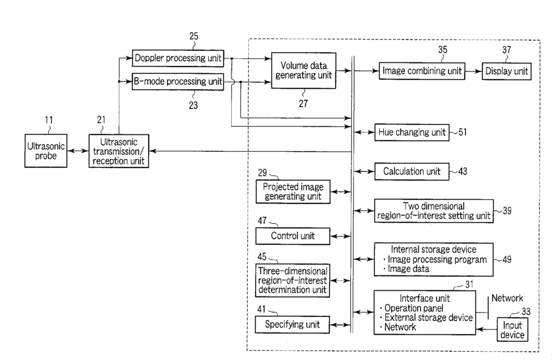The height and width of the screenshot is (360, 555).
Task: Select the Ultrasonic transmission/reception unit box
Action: pyautogui.click(x=119, y=151)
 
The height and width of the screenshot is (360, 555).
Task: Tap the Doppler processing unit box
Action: pyautogui.click(x=178, y=59)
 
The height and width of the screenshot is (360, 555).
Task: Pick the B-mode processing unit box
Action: pyautogui.click(x=178, y=82)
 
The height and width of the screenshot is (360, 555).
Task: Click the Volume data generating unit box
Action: pyautogui.click(x=303, y=71)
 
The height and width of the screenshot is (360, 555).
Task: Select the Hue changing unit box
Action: pyautogui.click(x=412, y=133)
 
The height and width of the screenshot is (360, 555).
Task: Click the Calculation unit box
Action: pyautogui.click(x=412, y=172)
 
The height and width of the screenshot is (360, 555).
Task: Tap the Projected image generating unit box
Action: pyautogui.click(x=293, y=191)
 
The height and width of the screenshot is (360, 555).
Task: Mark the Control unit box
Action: pyautogui.click(x=293, y=236)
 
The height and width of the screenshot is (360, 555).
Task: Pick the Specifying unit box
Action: pyautogui.click(x=293, y=325)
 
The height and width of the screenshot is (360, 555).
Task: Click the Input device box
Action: pyautogui.click(x=512, y=329)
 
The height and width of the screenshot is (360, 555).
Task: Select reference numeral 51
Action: pyautogui.click(x=463, y=133)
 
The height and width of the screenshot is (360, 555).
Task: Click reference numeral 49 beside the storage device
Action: pyautogui.click(x=508, y=259)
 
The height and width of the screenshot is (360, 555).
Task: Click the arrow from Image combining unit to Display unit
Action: pyautogui.click(x=475, y=71)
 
